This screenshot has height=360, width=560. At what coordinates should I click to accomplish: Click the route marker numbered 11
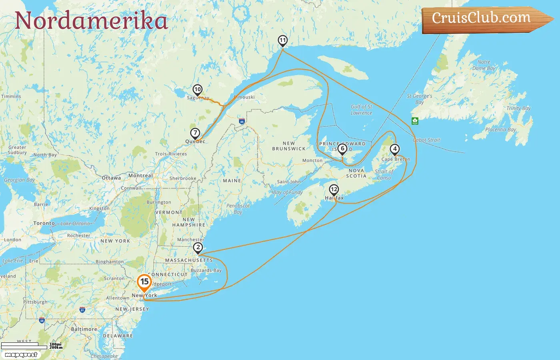point(283,40)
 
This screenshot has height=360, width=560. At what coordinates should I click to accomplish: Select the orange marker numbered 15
point(144,282)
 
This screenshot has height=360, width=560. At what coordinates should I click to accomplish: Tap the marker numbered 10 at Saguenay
point(197,90)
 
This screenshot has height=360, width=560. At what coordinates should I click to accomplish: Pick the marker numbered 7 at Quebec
point(195,133)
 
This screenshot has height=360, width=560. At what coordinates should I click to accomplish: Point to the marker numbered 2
point(198,248)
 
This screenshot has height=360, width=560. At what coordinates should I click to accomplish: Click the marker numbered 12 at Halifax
point(334,190)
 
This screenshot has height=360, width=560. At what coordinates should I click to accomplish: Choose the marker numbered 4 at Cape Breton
point(395,149)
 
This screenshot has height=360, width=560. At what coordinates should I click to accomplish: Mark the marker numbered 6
point(342,149)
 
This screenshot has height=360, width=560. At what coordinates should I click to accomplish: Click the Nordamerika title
point(91,21)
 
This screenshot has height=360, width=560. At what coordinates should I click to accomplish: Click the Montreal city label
point(140,176)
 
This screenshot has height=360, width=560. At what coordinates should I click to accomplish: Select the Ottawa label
point(111,178)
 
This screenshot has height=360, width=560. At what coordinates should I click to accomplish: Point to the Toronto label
point(44,223)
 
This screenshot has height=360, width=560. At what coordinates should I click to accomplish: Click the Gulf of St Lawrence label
point(361,110)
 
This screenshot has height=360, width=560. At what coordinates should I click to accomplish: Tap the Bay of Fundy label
point(288,192)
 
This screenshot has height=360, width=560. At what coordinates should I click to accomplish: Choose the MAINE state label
point(232,181)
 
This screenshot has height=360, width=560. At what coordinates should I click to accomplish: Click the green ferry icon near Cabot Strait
point(415,120)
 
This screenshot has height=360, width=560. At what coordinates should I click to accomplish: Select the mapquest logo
point(21,354)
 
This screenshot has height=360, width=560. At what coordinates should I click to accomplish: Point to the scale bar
point(24,346)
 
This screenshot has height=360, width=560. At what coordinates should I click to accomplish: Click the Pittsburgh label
point(35,302)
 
